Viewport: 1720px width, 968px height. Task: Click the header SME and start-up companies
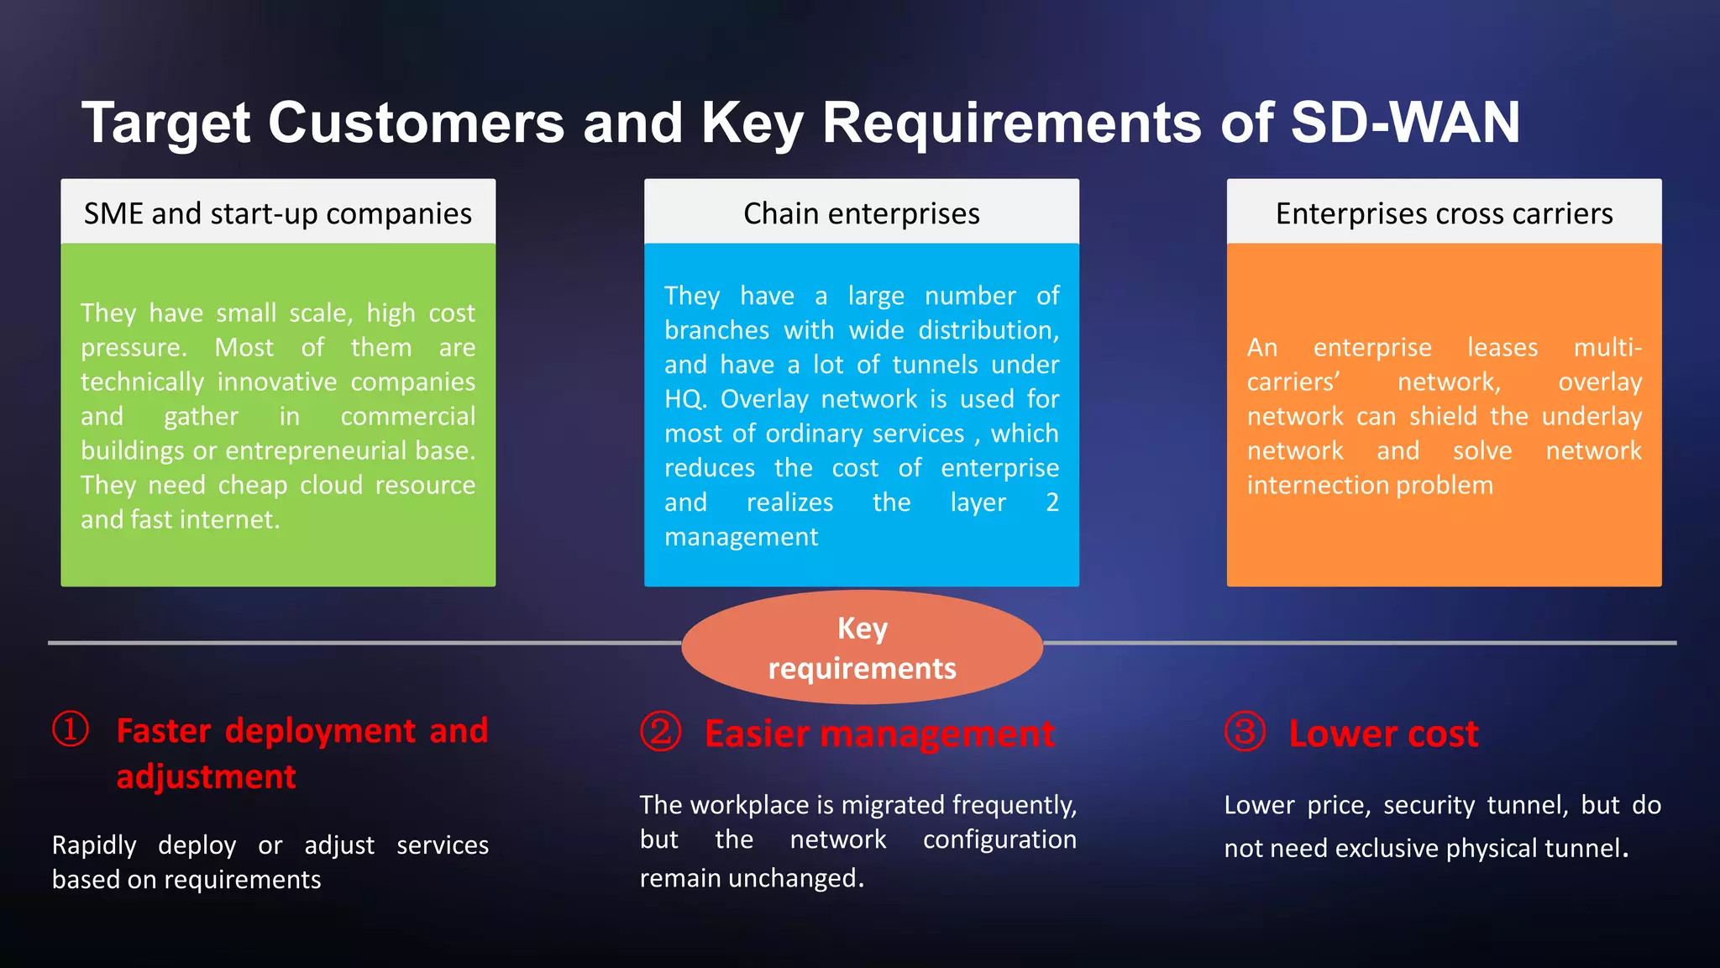pos(278,213)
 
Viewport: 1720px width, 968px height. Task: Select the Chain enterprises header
pos(861,213)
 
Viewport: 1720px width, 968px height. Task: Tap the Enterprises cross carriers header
pos(1444,213)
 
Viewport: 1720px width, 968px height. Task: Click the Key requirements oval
pos(862,647)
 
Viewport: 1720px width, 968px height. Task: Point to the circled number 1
pos(71,729)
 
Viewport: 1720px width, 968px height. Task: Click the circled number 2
pos(661,732)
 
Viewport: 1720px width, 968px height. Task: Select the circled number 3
pos(1245,732)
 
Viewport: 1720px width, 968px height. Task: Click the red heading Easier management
pos(878,734)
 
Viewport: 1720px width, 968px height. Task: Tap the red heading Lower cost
pos(1383,734)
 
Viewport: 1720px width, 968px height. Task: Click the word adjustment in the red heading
pos(206,776)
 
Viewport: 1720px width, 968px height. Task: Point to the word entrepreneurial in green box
pos(317,451)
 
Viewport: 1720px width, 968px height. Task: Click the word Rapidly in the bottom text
pos(94,845)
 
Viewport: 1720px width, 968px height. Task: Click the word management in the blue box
pos(741,537)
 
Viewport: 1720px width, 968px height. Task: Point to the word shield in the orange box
pos(1443,417)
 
